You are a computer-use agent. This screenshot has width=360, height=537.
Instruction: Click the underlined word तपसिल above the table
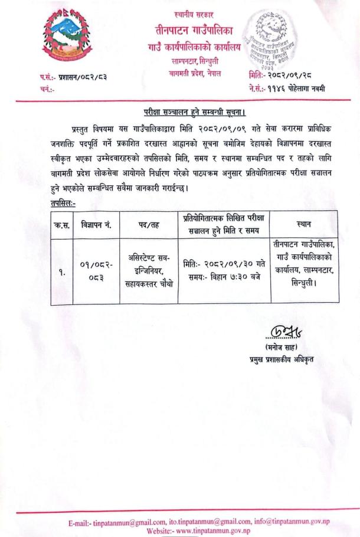pyautogui.click(x=63, y=202)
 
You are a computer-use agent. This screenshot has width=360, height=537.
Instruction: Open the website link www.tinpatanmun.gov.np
pyautogui.click(x=204, y=531)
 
